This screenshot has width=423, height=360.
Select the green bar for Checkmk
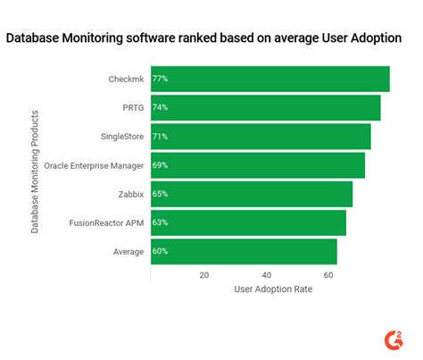click(270, 79)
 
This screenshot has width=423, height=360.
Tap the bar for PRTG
click(265, 107)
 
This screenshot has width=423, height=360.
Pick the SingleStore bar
click(261, 136)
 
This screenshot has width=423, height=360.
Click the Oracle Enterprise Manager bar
click(257, 165)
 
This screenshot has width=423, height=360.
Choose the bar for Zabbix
click(251, 194)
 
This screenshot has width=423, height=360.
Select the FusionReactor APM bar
click(248, 222)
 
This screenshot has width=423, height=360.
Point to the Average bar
click(244, 251)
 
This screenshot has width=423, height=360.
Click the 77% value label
click(161, 79)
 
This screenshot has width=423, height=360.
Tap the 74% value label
click(161, 107)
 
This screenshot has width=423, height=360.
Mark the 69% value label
click(161, 165)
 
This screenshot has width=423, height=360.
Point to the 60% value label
click(161, 251)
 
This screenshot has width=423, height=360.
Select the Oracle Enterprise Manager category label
click(94, 165)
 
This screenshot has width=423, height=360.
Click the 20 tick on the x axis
click(204, 275)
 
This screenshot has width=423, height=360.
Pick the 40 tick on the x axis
click(266, 275)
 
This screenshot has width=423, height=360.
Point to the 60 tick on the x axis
click(328, 275)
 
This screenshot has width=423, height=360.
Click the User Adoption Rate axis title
click(271, 289)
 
